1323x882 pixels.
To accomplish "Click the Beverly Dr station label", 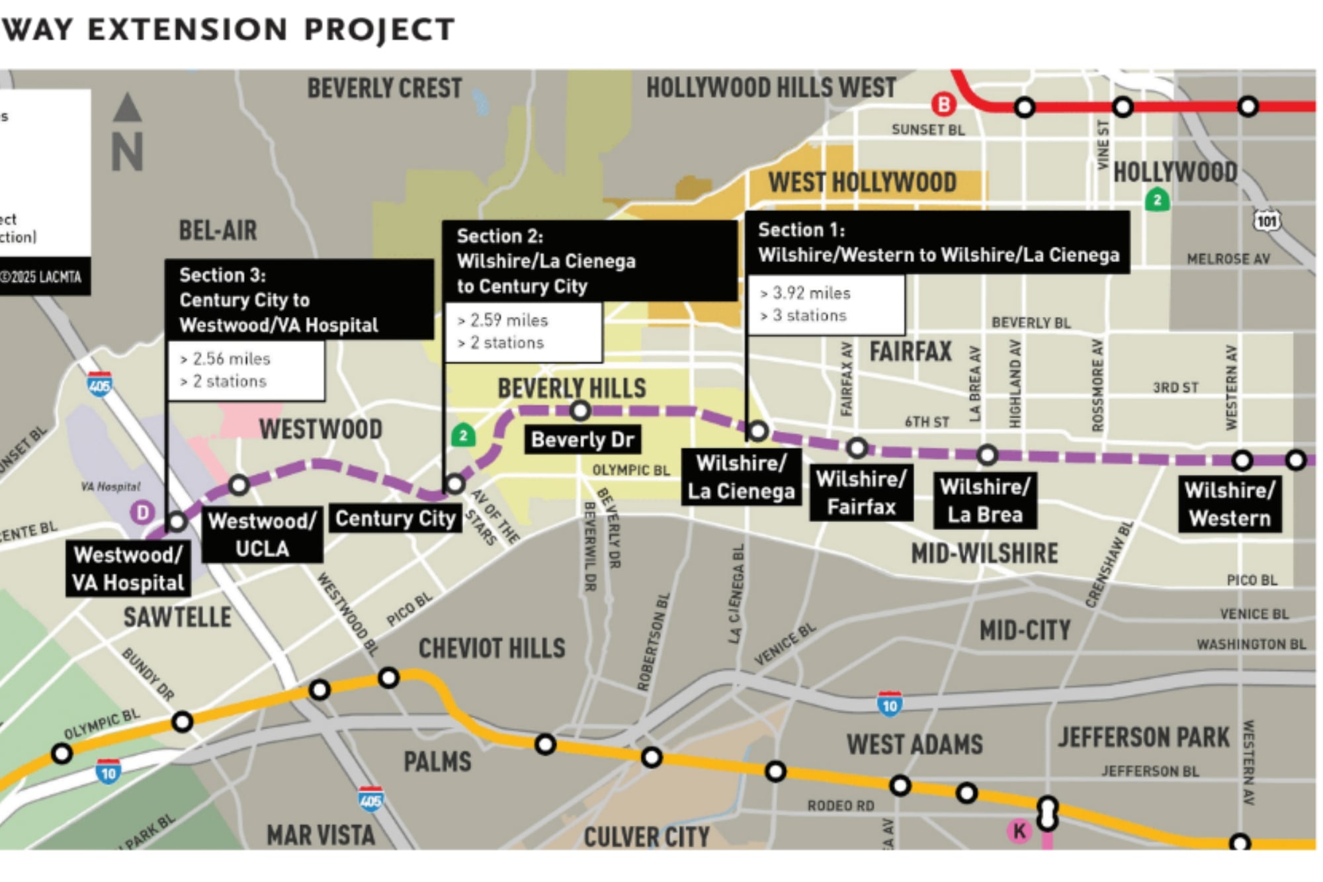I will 582,439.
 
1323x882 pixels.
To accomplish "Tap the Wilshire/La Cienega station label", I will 741,477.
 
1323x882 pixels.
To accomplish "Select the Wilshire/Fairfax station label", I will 861,493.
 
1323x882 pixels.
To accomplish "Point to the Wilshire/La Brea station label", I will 984,500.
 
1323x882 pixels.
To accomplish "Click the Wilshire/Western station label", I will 1229,504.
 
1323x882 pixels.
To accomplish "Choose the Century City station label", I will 395,518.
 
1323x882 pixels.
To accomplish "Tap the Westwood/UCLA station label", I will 262,535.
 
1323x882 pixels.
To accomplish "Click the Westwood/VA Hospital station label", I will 128,568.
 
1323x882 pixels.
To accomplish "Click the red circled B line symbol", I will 944,105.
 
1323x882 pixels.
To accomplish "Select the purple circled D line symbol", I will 142,512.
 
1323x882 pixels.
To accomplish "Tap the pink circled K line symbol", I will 1019,831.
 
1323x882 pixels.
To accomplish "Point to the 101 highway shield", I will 1267,220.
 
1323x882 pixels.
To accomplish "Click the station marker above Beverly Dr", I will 580,411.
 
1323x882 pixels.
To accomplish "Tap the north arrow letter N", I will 127,152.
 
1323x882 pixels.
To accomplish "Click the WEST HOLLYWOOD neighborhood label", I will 862,182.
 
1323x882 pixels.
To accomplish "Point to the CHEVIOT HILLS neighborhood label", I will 491,648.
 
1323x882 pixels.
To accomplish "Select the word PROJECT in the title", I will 379,29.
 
